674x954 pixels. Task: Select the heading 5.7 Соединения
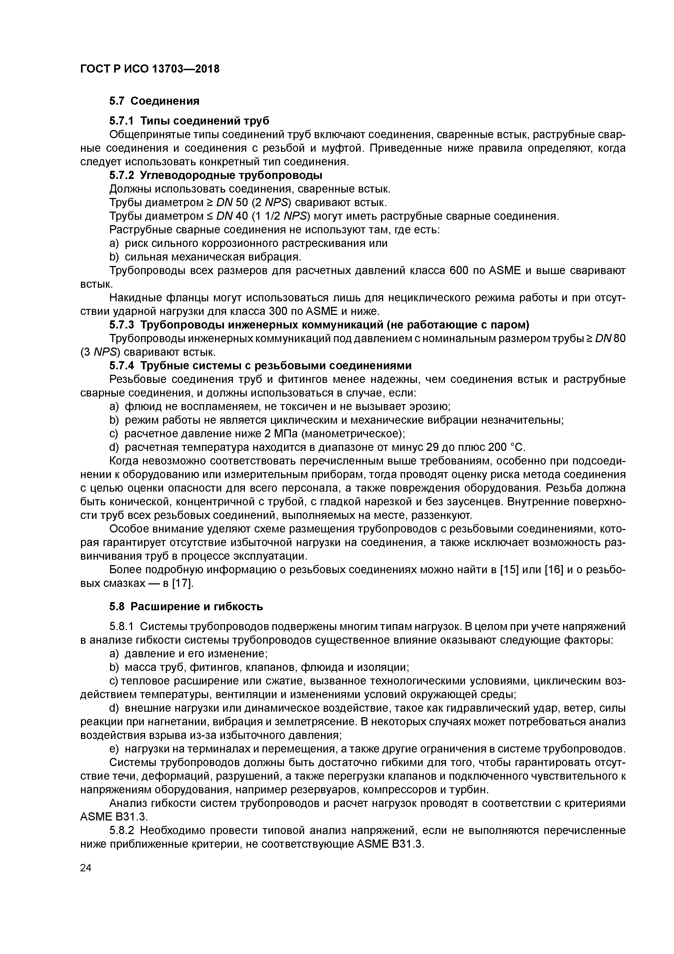click(154, 101)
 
